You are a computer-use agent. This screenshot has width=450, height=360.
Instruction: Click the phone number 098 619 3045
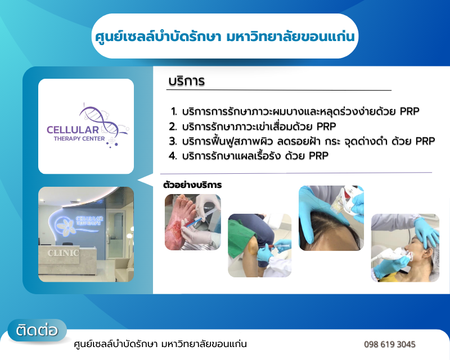389,344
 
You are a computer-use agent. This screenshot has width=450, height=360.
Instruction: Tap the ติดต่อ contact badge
37,330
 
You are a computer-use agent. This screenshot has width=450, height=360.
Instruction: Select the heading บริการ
187,81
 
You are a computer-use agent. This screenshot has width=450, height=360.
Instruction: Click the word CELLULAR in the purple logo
73,130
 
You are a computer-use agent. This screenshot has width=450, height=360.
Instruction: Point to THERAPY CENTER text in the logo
79,139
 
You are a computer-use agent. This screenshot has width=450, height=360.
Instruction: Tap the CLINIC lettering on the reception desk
63,253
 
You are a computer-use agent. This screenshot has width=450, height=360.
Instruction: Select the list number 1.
174,111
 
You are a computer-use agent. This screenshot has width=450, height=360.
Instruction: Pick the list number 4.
173,156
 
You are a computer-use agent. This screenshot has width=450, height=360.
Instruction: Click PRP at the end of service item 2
326,127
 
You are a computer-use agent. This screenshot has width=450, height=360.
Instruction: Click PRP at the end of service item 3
425,141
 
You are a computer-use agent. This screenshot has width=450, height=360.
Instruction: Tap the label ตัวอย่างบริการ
192,185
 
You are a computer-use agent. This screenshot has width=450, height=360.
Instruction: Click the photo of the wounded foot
193,222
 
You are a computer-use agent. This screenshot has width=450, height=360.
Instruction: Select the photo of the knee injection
260,245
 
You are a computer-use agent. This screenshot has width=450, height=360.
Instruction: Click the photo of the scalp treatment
331,218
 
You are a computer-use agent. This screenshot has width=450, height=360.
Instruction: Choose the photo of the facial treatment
405,247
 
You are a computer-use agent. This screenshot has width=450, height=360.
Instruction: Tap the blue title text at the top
225,37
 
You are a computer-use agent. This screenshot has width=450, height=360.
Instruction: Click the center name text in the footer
160,344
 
